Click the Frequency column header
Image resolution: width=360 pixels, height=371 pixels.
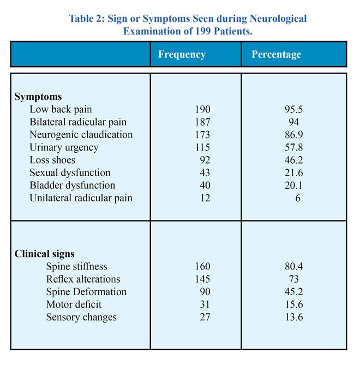182,55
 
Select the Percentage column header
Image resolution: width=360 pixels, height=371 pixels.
276,55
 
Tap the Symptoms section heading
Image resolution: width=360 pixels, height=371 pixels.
38,97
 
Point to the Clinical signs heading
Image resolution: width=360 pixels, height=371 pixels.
45,254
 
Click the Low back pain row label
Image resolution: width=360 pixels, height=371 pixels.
61,110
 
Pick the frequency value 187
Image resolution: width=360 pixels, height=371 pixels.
202,122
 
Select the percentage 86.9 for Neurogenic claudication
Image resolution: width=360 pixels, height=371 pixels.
294,135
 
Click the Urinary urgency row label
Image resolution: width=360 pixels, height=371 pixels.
64,148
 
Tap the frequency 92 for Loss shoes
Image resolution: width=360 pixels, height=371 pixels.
205,160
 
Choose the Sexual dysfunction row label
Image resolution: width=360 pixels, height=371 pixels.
70,173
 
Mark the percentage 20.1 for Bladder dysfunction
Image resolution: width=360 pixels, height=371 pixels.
293,185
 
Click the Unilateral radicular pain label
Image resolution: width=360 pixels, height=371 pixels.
81,198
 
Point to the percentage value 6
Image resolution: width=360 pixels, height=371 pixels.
298,198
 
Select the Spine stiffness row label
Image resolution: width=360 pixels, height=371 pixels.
76,267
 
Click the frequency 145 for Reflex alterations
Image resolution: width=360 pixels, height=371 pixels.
202,279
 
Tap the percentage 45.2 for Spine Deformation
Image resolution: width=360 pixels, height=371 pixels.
294,292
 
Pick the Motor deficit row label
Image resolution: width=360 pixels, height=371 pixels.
74,304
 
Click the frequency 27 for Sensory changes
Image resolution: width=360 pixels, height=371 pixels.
205,317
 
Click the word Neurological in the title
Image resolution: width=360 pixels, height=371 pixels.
278,19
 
